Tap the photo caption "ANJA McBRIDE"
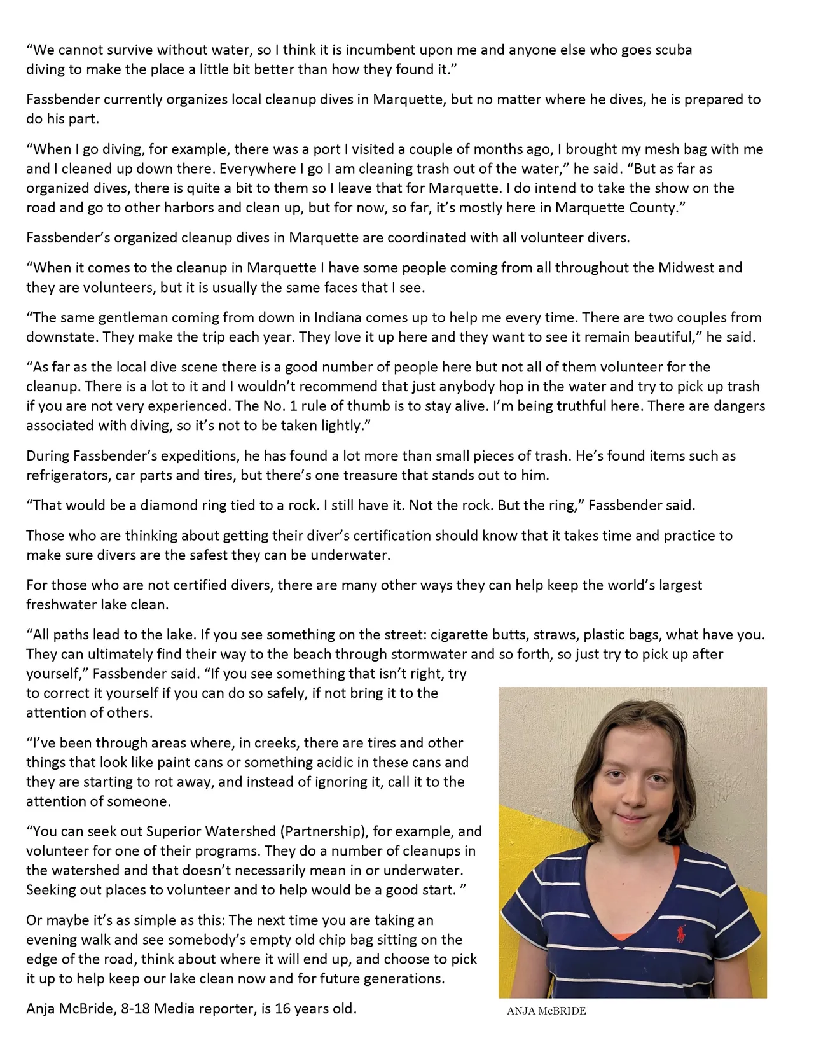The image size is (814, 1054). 546,1011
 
